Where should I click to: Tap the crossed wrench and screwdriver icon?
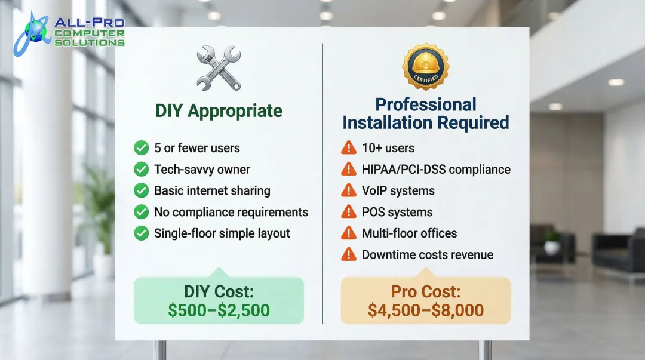click(219, 69)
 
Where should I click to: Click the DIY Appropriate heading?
click(219, 111)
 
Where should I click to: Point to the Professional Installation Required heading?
click(425, 113)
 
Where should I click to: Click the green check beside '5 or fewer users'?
click(142, 148)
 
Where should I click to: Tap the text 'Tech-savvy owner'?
click(202, 170)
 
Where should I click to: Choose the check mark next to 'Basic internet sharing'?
click(142, 190)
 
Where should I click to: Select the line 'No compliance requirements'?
click(231, 212)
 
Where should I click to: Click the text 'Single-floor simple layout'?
click(222, 233)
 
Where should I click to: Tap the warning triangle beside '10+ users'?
click(348, 148)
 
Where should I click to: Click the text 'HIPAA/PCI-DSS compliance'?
click(436, 170)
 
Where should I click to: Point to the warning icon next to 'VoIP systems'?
click(348, 190)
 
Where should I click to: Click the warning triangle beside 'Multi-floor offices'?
click(348, 233)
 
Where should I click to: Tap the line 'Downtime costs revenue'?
click(428, 255)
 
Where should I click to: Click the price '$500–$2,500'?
click(219, 310)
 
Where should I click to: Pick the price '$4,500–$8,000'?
click(425, 310)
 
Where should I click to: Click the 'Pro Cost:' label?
click(425, 292)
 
